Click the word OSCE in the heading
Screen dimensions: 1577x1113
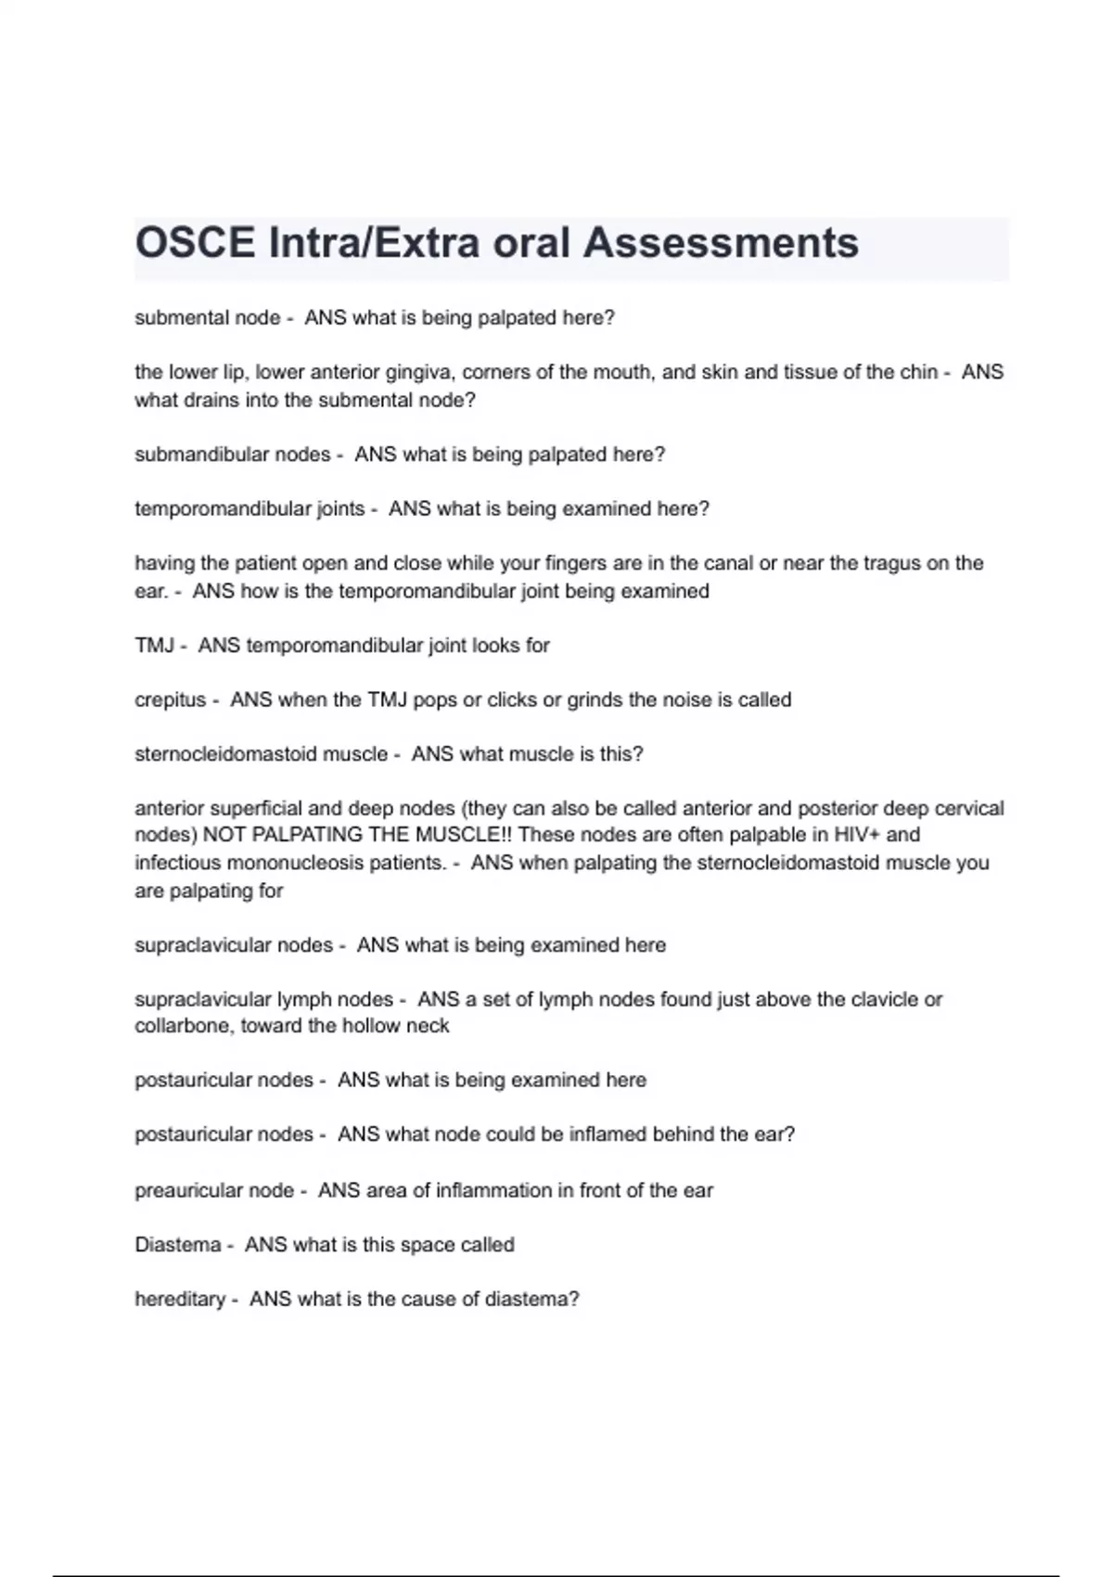click(x=195, y=243)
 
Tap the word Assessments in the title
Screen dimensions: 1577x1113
click(x=721, y=243)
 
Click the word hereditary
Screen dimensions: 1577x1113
click(x=180, y=1299)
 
